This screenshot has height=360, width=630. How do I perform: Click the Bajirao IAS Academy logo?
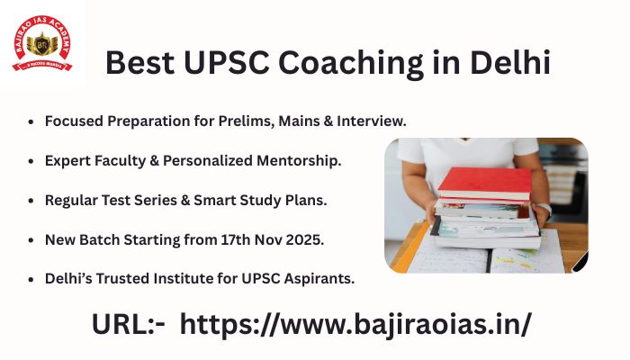point(41,41)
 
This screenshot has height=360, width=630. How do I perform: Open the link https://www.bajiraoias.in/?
point(356,324)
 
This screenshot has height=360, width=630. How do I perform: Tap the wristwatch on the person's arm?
point(542,211)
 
